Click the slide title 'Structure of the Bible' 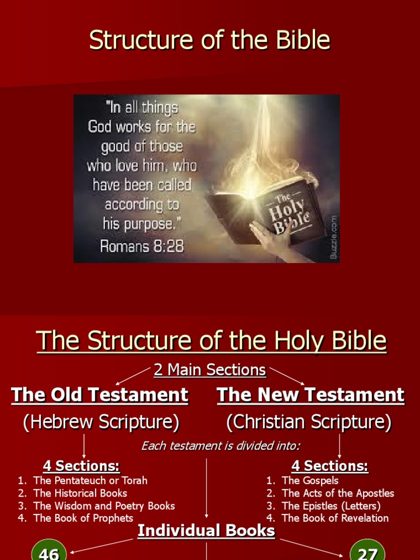click(x=210, y=40)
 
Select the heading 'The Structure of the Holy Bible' click(x=211, y=341)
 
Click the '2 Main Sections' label click(x=210, y=370)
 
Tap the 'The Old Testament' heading click(x=100, y=395)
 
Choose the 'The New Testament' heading click(x=311, y=395)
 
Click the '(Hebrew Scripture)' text click(x=101, y=422)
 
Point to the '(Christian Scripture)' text click(x=309, y=422)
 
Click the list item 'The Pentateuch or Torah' click(x=90, y=481)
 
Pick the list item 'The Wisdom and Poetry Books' click(x=104, y=506)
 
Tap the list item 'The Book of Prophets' click(x=83, y=518)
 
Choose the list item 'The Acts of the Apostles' click(x=337, y=493)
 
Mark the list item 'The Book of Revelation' click(x=335, y=518)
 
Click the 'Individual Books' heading click(x=206, y=530)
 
